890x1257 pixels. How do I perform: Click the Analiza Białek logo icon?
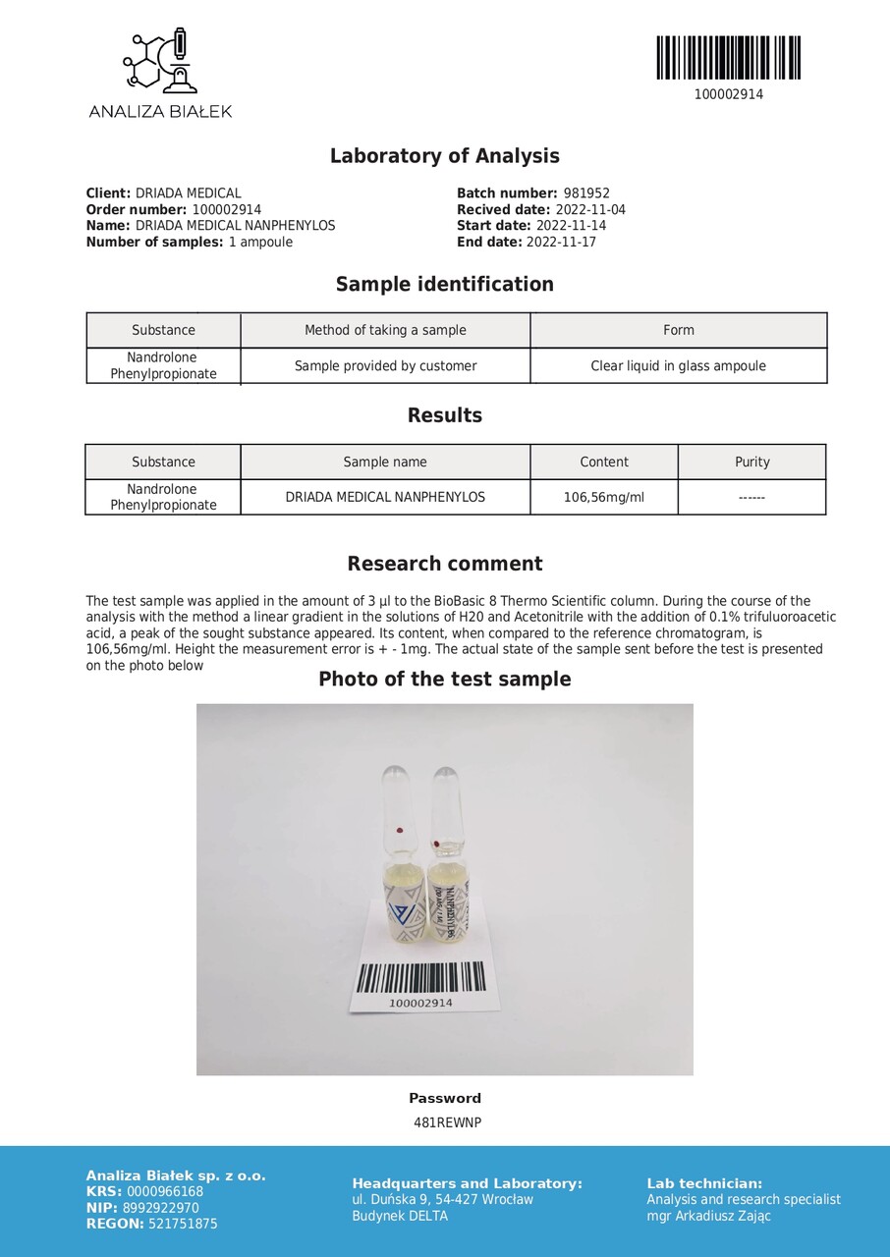click(159, 62)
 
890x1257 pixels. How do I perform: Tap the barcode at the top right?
click(728, 58)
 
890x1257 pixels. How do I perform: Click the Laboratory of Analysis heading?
click(444, 156)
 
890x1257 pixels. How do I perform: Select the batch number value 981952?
click(586, 193)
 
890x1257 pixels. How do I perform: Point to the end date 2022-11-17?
click(561, 242)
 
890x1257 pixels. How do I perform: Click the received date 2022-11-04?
click(589, 210)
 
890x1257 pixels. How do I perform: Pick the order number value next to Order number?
click(226, 210)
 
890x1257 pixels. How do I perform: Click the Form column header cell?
click(678, 330)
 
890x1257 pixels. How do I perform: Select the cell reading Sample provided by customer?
click(385, 366)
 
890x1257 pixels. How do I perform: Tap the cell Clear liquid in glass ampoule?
click(678, 366)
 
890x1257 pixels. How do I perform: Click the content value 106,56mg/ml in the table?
click(603, 497)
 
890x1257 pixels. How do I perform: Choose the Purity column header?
click(751, 462)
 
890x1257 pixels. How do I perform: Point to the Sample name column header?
click(385, 462)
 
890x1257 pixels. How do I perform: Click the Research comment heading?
click(444, 564)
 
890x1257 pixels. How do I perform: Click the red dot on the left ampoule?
click(400, 832)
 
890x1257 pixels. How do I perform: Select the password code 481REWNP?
click(447, 1122)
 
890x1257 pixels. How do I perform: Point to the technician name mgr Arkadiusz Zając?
click(708, 1216)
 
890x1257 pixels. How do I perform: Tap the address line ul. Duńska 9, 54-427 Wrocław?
click(442, 1199)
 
